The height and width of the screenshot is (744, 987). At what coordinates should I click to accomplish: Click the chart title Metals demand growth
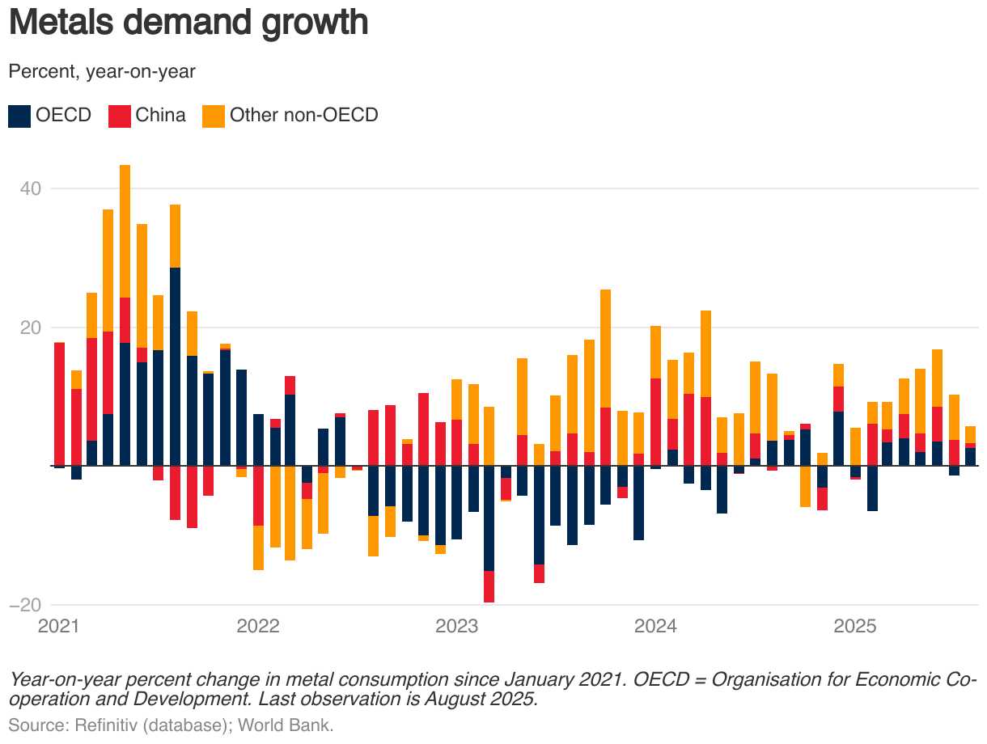point(188,23)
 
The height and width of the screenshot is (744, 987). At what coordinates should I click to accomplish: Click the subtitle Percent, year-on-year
point(102,72)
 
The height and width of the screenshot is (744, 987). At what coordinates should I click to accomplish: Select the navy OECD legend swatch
point(19,116)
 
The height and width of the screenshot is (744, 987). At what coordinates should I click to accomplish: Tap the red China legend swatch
point(120,116)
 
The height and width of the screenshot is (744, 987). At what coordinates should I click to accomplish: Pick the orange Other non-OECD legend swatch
point(214,116)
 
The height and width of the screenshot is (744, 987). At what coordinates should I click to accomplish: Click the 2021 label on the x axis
point(59,627)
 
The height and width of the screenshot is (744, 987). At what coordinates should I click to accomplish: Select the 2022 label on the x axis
point(258,627)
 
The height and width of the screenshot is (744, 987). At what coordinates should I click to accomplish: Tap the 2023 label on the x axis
point(457,627)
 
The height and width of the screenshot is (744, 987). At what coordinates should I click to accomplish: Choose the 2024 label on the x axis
point(656,627)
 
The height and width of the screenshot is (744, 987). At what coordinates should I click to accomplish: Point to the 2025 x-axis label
point(855,627)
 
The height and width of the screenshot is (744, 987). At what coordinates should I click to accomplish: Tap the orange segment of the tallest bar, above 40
point(125,231)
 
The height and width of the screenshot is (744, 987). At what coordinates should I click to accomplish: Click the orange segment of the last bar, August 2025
point(970,434)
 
